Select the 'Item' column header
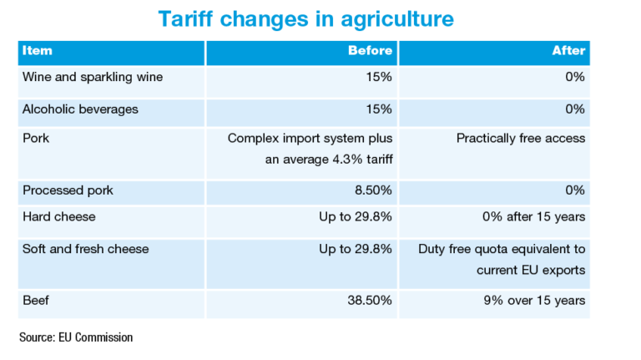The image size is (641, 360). point(38,51)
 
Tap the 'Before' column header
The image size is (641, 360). point(370,51)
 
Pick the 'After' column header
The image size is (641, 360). point(568,51)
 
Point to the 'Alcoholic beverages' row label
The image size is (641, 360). point(80,109)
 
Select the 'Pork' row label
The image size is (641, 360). point(37,138)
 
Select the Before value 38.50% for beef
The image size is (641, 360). point(369,300)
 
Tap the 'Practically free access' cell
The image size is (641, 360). point(521,138)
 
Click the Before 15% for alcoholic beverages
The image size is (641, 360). point(379,109)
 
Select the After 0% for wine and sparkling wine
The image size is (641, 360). point(574,78)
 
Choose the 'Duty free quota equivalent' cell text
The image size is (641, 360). point(502,248)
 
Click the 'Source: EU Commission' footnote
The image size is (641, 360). point(76,337)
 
